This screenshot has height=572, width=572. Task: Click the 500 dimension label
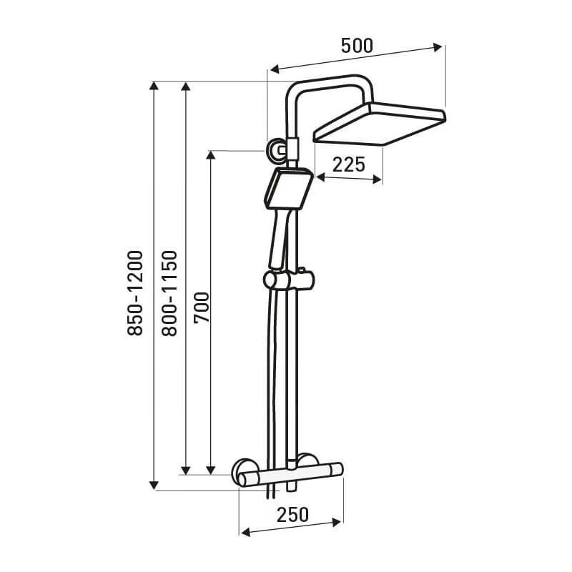tap(357, 46)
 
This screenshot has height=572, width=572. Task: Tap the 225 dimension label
tap(349, 164)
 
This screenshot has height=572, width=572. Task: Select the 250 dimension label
tap(292, 515)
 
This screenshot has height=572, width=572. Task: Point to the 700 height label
tap(202, 307)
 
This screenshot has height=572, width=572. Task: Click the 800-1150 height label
tap(169, 293)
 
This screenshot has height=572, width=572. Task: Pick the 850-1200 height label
tap(135, 293)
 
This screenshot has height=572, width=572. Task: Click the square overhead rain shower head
tap(380, 123)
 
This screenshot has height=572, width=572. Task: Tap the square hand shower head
tap(289, 189)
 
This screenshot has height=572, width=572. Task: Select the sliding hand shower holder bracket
tap(289, 280)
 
